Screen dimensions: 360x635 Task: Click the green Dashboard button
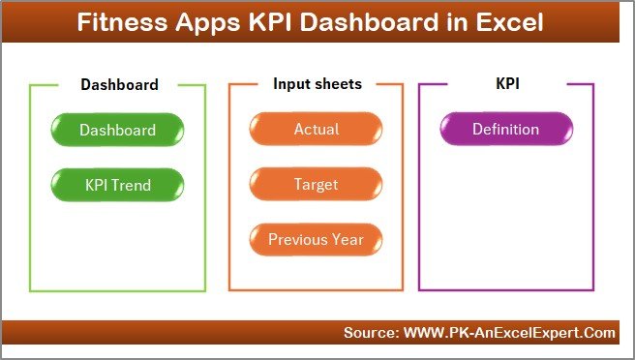point(117,130)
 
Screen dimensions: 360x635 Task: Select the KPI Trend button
point(117,184)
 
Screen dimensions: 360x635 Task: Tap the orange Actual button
point(316,130)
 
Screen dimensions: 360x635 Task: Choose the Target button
point(316,184)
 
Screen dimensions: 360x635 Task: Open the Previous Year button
point(316,239)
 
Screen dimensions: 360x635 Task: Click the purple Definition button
point(505,130)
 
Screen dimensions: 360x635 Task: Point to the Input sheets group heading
point(317,84)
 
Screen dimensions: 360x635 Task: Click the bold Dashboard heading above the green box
point(119,84)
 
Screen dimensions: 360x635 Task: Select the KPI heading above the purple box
point(507,84)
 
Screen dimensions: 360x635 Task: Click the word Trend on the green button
point(133,184)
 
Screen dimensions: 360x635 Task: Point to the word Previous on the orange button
point(298,239)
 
